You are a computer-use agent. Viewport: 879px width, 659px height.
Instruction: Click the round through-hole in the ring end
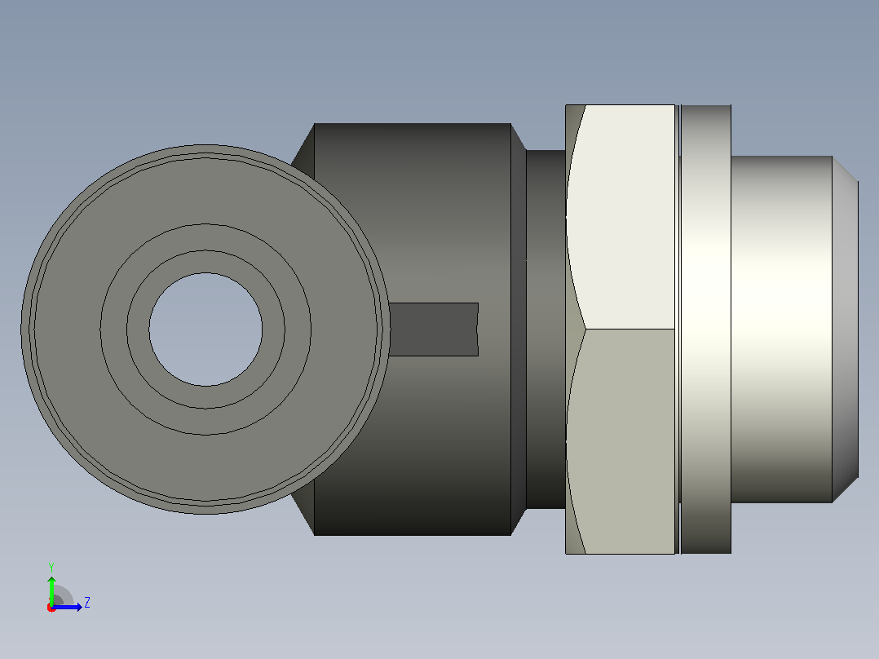(x=205, y=329)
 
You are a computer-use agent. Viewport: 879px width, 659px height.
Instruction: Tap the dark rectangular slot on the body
(x=433, y=329)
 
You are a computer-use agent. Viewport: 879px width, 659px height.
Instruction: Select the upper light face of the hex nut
(x=622, y=216)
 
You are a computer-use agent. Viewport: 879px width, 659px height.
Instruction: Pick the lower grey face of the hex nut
(x=622, y=441)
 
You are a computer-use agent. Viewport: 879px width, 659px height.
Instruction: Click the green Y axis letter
(x=51, y=567)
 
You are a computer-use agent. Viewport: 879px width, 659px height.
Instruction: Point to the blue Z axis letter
(x=87, y=603)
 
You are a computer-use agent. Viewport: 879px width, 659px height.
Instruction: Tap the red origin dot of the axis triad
(x=51, y=608)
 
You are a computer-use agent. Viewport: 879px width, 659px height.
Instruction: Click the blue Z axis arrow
(x=67, y=607)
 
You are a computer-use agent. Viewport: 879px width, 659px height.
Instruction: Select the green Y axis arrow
(x=51, y=591)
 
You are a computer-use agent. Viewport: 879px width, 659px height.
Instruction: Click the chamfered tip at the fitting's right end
(x=846, y=329)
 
